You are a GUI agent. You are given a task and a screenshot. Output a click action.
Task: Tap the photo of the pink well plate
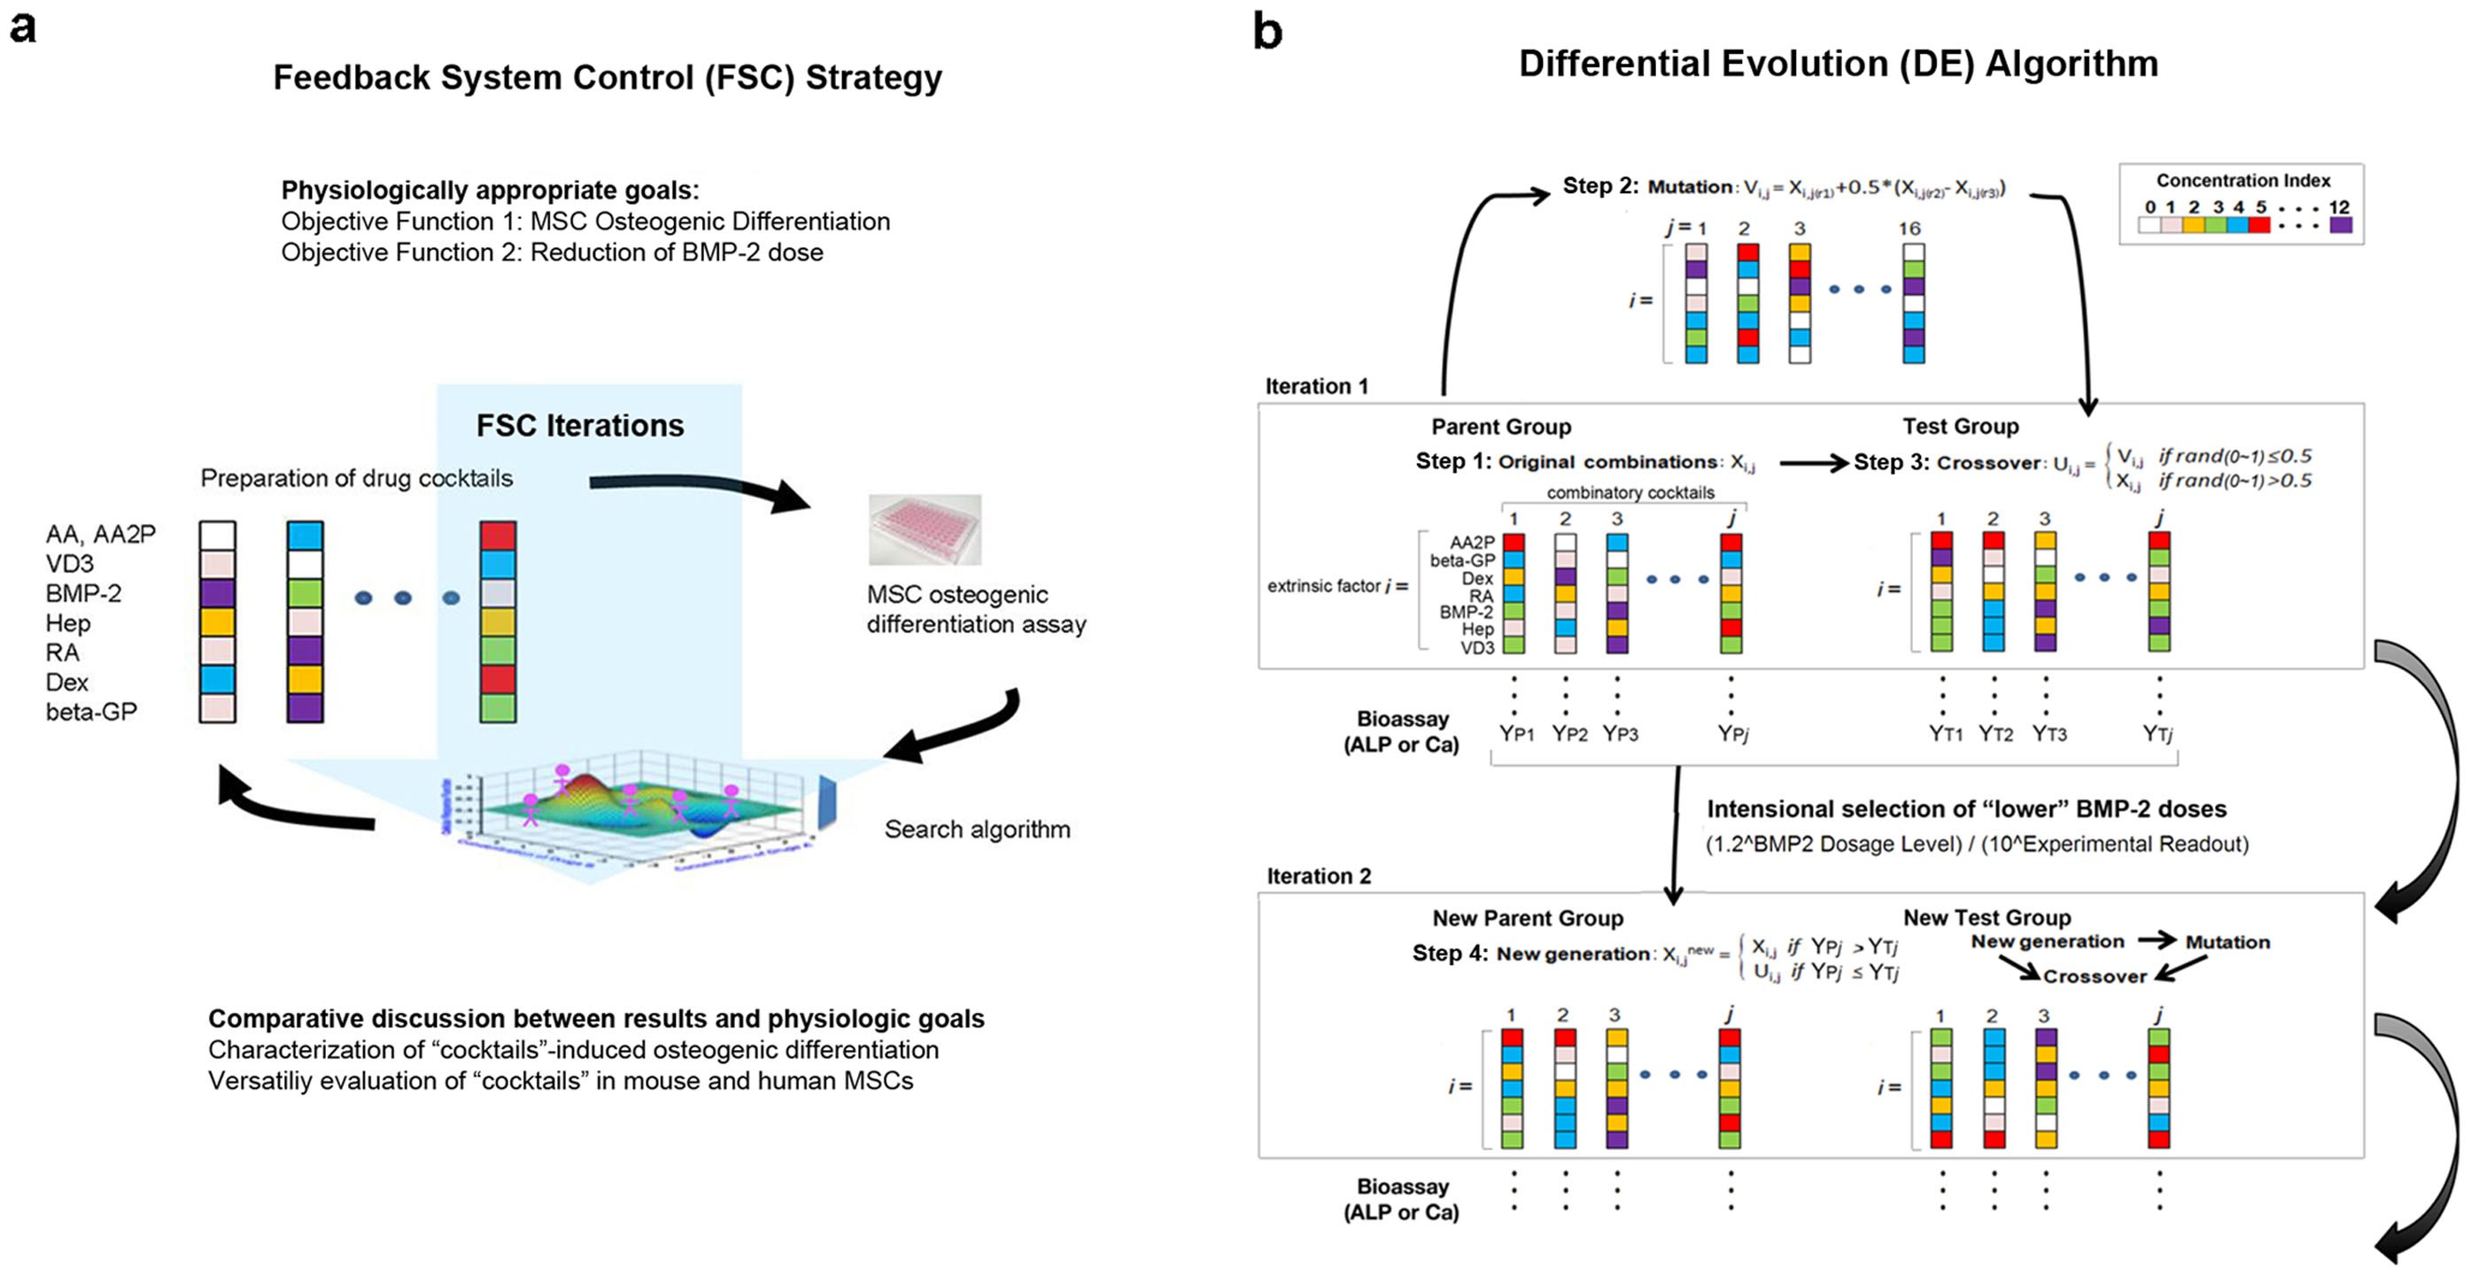click(925, 529)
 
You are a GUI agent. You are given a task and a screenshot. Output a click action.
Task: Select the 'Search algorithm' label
click(976, 830)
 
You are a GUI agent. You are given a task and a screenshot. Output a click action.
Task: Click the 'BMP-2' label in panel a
click(83, 593)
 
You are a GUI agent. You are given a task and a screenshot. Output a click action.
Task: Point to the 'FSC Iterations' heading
click(580, 426)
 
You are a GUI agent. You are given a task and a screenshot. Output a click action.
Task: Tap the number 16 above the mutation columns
click(1909, 228)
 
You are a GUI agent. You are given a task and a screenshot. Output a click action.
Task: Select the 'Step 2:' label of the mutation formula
click(1600, 186)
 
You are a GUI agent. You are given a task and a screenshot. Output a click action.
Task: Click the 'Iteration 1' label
click(1317, 386)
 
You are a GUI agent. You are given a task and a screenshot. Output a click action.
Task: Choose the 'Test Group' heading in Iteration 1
click(1960, 427)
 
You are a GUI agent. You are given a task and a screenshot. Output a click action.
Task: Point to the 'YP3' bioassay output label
click(1620, 734)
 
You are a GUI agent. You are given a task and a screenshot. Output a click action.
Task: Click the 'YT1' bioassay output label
click(1946, 734)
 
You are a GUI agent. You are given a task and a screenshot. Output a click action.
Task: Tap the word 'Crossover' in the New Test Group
click(2094, 976)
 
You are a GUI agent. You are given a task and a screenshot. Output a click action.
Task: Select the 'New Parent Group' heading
click(1528, 918)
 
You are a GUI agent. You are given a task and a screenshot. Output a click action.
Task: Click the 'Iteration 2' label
click(1319, 877)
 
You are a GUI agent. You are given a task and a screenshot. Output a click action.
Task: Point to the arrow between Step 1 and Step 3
click(1813, 463)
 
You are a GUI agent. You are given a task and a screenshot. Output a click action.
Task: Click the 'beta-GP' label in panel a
click(91, 712)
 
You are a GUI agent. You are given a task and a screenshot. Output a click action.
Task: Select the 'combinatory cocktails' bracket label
click(1630, 493)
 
